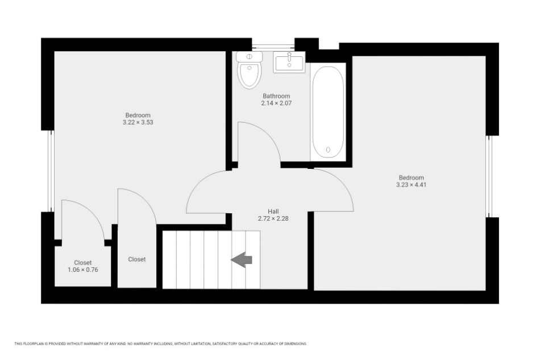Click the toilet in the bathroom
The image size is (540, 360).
point(250,70)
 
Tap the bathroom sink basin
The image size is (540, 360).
point(289,62)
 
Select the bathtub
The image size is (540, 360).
point(328,112)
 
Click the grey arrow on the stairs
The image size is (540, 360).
point(242,259)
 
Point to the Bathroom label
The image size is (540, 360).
point(276,96)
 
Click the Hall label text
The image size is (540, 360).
point(273,211)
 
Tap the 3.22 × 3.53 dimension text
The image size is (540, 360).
point(138,122)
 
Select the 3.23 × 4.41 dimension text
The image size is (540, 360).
point(411,184)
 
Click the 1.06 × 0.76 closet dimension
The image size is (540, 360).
point(82,270)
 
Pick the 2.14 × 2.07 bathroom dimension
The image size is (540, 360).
point(276,103)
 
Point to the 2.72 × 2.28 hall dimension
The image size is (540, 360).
point(273,218)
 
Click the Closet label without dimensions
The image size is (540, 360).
point(137,259)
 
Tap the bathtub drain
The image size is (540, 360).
point(328,150)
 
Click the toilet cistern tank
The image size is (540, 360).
point(250,56)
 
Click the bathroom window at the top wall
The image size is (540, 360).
point(273,44)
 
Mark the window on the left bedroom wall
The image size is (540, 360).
point(51,171)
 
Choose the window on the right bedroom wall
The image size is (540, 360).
point(489,176)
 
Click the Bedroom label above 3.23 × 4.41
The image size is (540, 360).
point(411,177)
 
